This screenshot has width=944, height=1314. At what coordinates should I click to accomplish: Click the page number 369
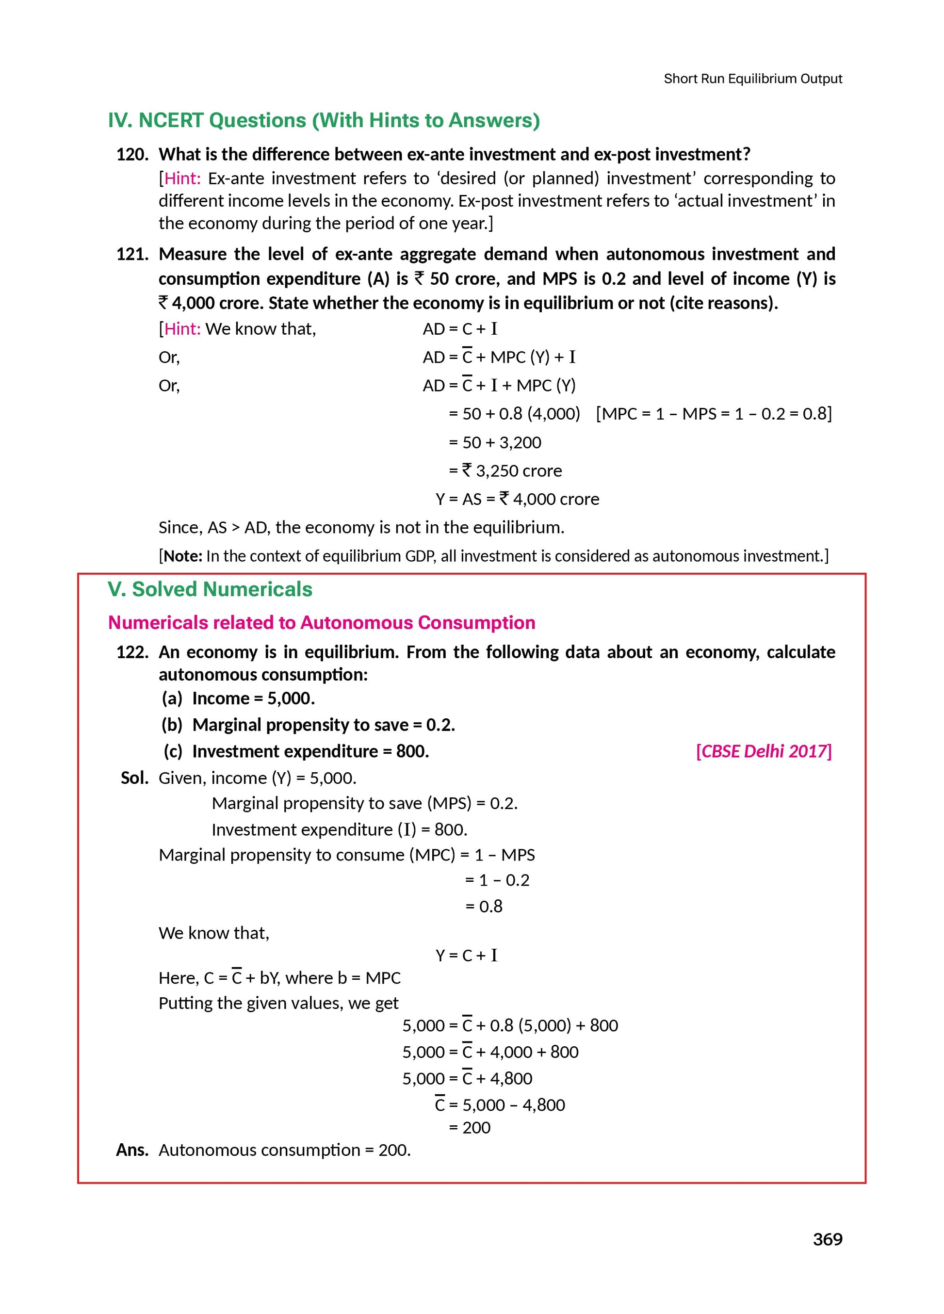click(827, 1255)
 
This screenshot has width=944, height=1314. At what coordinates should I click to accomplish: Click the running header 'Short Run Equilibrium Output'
click(752, 79)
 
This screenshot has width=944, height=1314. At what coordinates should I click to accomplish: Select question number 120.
click(132, 155)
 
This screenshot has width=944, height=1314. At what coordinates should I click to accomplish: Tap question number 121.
click(132, 254)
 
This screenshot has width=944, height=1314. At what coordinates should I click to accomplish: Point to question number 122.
click(132, 652)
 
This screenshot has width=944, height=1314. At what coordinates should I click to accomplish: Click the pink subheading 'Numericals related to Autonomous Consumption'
click(322, 622)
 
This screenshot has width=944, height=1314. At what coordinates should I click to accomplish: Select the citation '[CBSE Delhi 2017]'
click(763, 751)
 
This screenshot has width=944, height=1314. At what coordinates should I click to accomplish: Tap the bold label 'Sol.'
click(134, 778)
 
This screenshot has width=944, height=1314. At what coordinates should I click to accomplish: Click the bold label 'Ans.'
click(132, 1150)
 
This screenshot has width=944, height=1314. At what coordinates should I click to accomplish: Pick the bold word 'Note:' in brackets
click(182, 556)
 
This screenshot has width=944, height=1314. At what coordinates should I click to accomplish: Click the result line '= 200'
click(470, 1127)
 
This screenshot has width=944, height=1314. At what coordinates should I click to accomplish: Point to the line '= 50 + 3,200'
click(495, 443)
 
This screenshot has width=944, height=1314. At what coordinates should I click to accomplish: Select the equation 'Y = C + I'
click(467, 956)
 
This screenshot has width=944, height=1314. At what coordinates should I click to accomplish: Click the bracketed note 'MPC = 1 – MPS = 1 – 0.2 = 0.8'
click(714, 414)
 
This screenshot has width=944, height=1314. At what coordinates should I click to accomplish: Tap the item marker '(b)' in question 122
click(172, 725)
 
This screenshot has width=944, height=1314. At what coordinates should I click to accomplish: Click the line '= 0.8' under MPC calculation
click(484, 906)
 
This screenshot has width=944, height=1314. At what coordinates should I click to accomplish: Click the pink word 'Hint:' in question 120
click(182, 178)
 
